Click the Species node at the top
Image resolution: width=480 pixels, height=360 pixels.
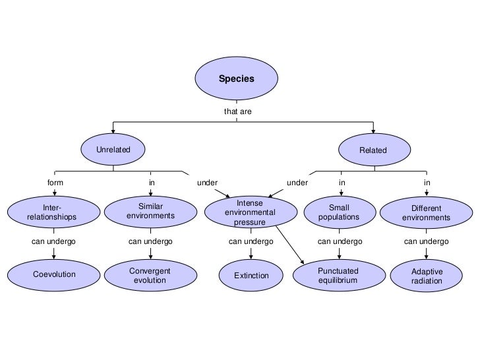(236, 78)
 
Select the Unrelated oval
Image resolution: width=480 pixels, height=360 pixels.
(113, 150)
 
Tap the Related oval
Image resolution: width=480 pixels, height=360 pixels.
(373, 150)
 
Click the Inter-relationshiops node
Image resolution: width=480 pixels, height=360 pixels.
(52, 212)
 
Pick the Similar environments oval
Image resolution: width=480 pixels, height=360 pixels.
(150, 212)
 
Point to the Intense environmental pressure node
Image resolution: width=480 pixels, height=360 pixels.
(250, 213)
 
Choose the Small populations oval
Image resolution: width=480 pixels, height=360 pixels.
(339, 212)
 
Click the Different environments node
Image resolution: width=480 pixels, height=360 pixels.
(426, 212)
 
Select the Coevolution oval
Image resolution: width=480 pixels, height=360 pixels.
(54, 274)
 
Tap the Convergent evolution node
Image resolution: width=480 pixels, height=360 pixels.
(150, 275)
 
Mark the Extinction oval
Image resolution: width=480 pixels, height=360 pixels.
(251, 275)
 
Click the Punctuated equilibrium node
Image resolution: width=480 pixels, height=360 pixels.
(338, 275)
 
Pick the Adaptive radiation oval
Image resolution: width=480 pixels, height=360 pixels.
(427, 276)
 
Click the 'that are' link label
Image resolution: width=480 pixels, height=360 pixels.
(237, 111)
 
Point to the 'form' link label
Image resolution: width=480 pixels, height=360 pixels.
(55, 182)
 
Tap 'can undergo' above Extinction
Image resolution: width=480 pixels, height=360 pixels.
(251, 242)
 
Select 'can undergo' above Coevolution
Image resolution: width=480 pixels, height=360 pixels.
(53, 242)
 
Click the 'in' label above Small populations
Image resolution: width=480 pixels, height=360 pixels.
(342, 182)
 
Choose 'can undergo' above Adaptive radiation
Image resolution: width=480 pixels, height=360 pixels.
(426, 242)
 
